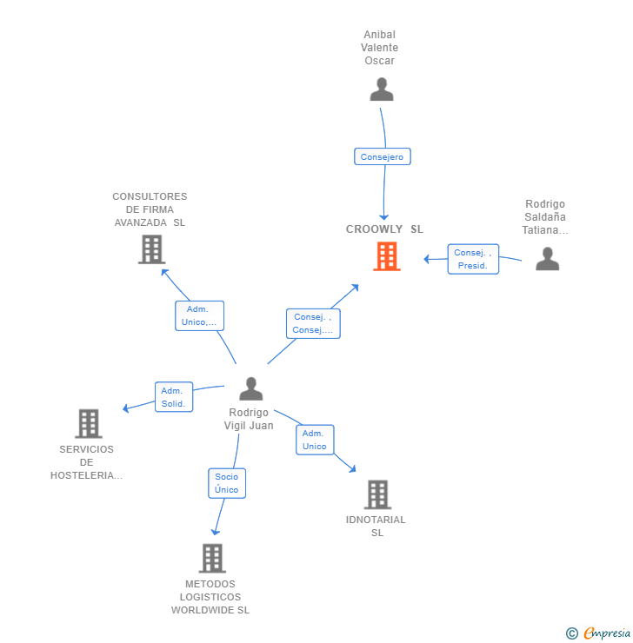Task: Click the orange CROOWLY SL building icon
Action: (387, 256)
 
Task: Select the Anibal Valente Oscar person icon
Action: (381, 89)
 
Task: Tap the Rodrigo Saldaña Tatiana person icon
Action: (547, 259)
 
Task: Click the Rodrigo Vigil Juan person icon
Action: (250, 388)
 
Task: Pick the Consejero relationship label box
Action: (382, 157)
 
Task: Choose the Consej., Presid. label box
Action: (473, 259)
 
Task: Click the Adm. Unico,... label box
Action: (199, 315)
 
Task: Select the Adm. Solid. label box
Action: (173, 397)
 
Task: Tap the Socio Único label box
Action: (227, 483)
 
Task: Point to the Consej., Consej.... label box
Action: (313, 323)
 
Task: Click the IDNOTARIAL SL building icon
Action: (376, 494)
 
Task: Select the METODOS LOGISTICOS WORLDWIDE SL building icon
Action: (212, 558)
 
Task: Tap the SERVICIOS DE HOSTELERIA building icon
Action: (88, 424)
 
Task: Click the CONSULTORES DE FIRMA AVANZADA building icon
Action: (151, 249)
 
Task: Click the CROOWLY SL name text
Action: (384, 229)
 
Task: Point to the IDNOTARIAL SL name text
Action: (376, 526)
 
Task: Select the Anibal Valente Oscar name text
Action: (380, 48)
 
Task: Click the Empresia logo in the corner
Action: (607, 633)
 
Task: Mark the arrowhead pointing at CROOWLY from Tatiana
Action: (427, 259)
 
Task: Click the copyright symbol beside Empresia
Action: (572, 633)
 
